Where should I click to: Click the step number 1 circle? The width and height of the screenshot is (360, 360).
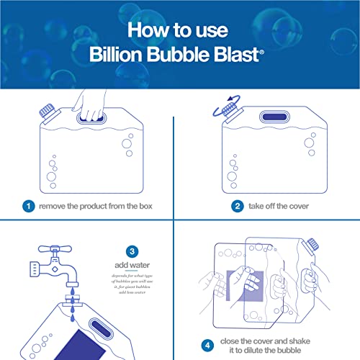tap(29, 206)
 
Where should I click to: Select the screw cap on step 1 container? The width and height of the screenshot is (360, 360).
tap(45, 114)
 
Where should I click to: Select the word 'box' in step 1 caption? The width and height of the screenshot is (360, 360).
tap(143, 206)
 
